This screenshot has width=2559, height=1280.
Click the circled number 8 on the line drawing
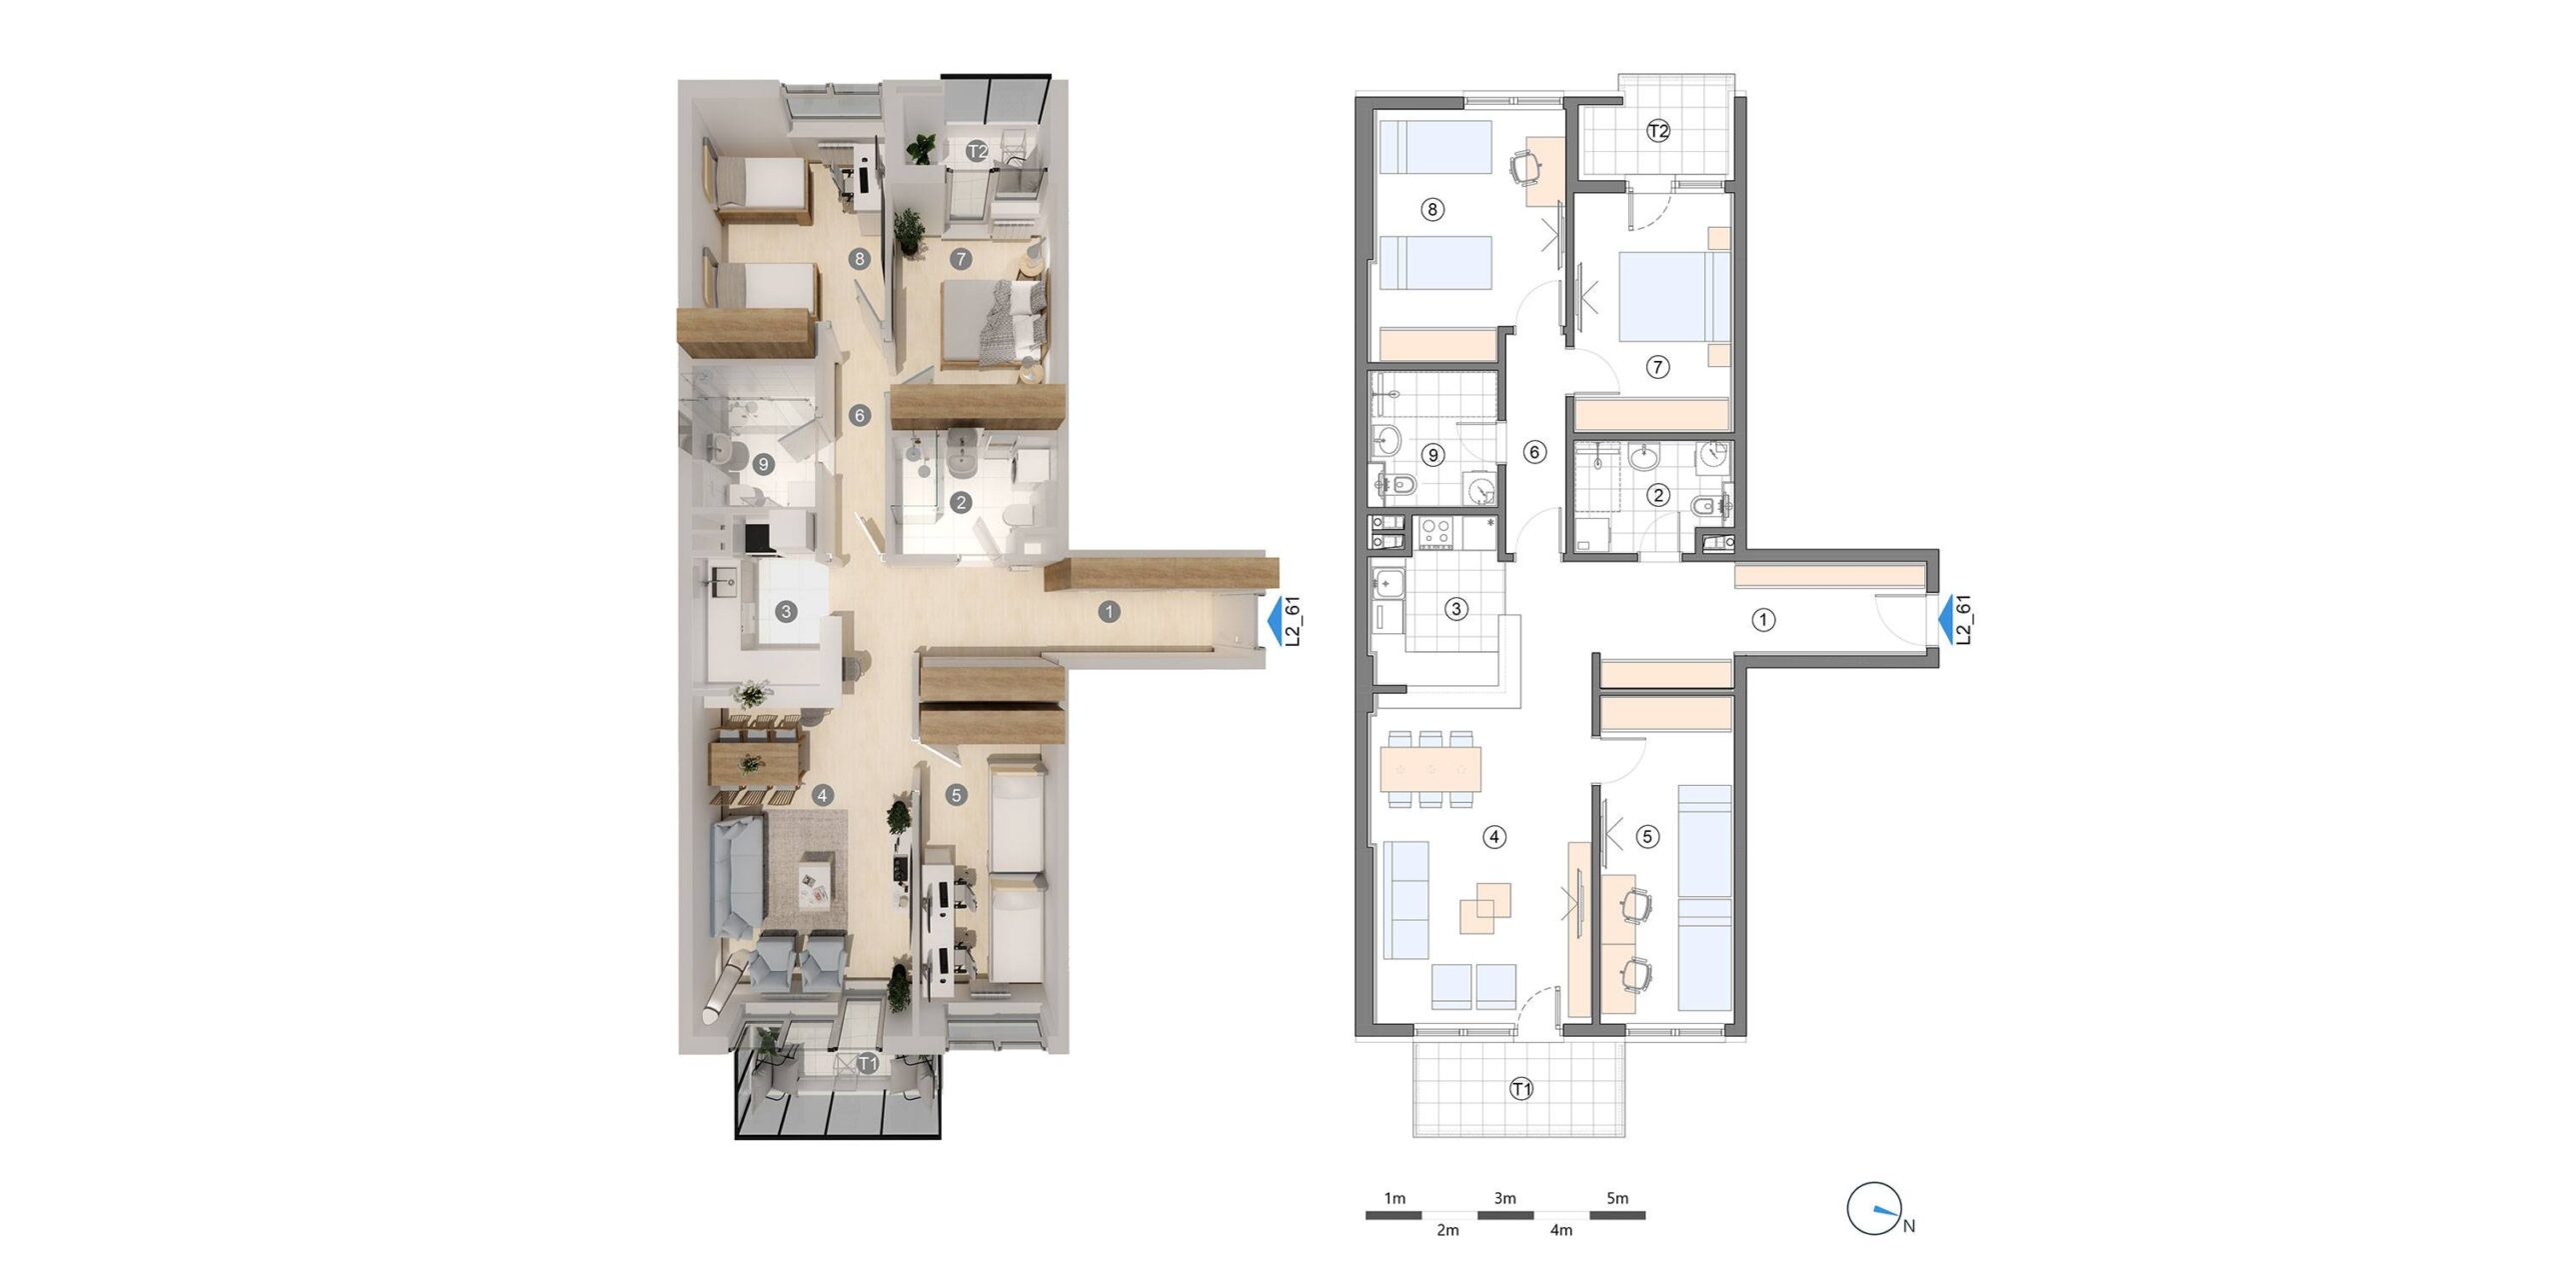click(1432, 210)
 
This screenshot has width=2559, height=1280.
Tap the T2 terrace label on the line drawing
click(1658, 131)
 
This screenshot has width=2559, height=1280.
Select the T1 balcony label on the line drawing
click(1521, 1089)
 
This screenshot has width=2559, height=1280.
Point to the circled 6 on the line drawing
click(1534, 452)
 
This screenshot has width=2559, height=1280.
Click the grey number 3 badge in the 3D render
click(787, 611)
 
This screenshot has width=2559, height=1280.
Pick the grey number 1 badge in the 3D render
click(1108, 611)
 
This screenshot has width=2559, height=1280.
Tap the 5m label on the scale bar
click(1617, 1198)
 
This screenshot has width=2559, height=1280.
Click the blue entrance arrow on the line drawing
click(1947, 621)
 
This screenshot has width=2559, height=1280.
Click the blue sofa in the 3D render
click(735, 874)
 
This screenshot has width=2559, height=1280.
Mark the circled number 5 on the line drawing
click(1648, 837)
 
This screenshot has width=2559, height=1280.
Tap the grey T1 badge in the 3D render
click(868, 1063)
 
